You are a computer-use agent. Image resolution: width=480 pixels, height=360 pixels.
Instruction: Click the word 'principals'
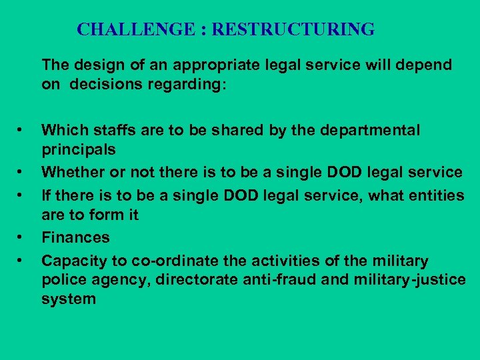coord(78,150)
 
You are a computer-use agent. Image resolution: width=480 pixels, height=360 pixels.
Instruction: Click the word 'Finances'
coord(75,237)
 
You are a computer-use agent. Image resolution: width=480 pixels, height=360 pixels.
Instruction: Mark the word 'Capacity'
coord(71,260)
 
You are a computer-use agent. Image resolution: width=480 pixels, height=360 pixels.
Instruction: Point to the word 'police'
coord(63,279)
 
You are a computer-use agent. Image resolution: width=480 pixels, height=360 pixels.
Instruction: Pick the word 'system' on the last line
coord(68,299)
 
